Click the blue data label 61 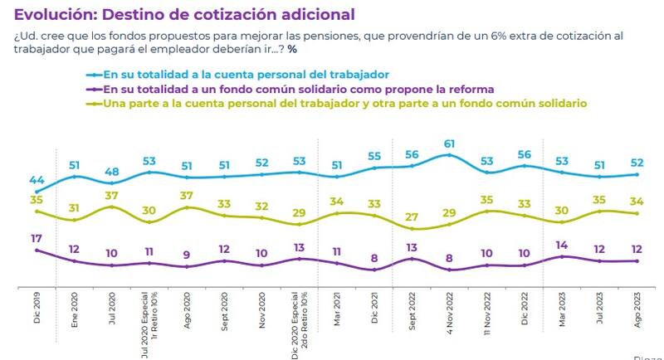click(449, 143)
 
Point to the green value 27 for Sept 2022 click(412, 217)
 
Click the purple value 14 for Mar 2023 click(562, 246)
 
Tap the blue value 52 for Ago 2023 click(637, 163)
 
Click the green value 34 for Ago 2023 click(637, 202)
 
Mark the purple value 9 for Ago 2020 click(187, 255)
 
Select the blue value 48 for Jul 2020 click(111, 173)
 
